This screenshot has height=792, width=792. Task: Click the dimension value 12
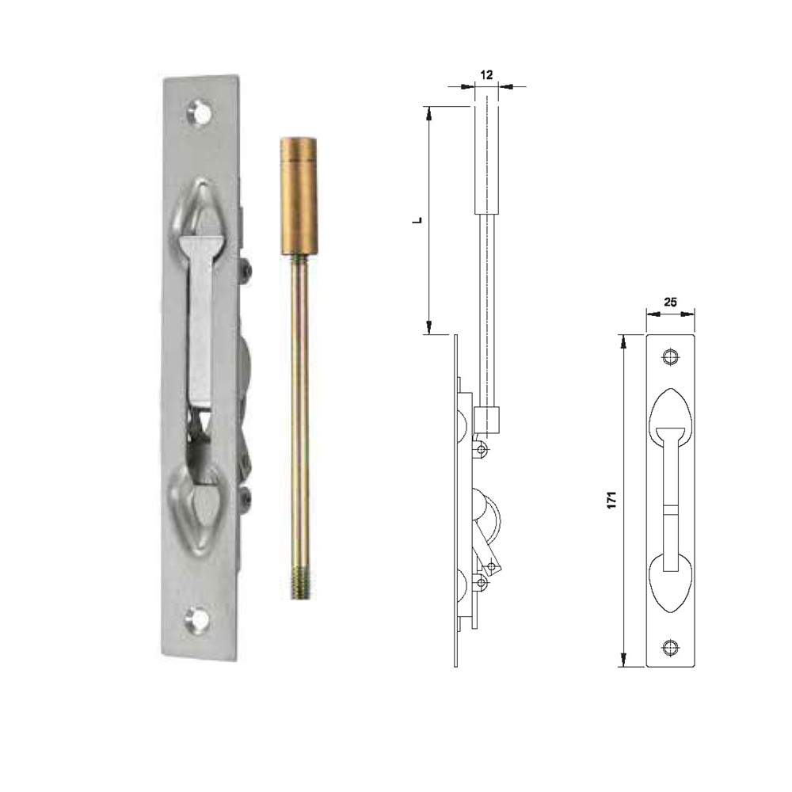[x=486, y=74]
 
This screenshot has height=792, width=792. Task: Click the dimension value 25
[x=670, y=302]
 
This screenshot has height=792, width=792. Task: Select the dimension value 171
[x=612, y=500]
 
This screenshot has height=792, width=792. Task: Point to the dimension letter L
[x=417, y=220]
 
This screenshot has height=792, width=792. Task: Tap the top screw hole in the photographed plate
[x=200, y=113]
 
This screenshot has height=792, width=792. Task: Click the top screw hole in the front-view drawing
[x=670, y=357]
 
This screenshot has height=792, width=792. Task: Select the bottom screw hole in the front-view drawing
[x=670, y=647]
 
